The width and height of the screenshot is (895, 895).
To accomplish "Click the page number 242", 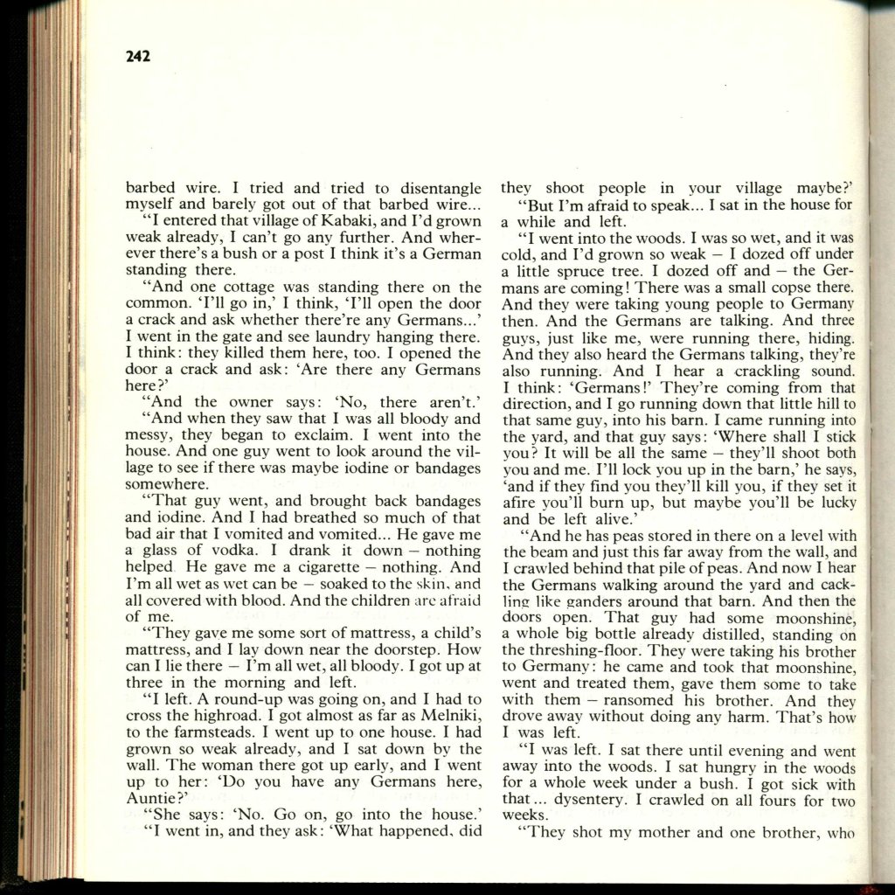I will click(x=138, y=57).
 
